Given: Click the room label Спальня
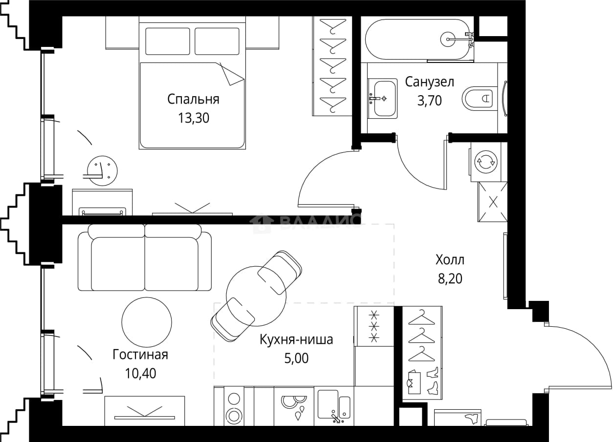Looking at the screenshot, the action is pos(193,99).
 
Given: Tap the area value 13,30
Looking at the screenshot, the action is pos(194,118).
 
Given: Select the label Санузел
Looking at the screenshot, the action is pos(429,82).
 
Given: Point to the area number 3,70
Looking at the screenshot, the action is pos(429,101).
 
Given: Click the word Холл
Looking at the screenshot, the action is pos(450,260).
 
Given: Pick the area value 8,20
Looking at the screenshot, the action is pos(450,278).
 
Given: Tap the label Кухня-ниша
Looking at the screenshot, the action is pos(296,340).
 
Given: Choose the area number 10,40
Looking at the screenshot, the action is pos(140,373).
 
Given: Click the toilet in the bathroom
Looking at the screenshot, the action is pos(480,99).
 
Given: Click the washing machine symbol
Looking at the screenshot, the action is pos(485,162).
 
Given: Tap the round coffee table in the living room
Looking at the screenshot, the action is pos(147,322).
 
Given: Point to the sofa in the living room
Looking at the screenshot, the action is pos(145,257).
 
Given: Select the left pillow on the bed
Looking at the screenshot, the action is pos(168,42).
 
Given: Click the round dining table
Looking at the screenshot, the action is pos(256,296).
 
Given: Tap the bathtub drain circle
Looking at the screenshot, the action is pos(448,39).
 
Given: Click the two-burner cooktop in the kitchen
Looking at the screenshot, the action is pos(234,409).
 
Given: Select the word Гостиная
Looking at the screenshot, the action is pos(140,355).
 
